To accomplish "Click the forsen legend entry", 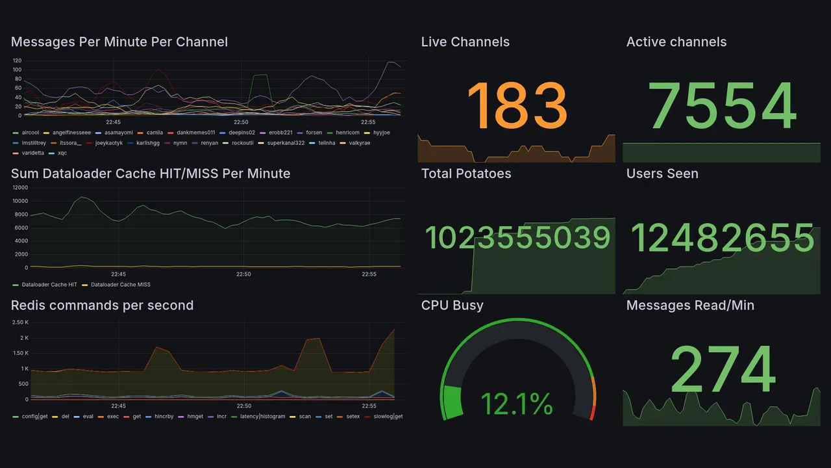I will tap(314, 133).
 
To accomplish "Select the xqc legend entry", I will tap(62, 153).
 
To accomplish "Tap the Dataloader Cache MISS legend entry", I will tap(120, 285).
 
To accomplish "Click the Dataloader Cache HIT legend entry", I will tap(49, 285).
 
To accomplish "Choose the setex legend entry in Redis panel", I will tap(353, 416).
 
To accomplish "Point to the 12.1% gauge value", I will tap(517, 405).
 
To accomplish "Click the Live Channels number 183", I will tap(517, 105).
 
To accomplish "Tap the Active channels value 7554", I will tap(722, 105).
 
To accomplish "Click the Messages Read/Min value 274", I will tap(722, 369).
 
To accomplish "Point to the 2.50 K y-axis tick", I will tap(20, 322).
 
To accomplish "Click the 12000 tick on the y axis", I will tap(19, 188).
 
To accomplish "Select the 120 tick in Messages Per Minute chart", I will tap(17, 60).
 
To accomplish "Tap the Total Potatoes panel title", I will tap(465, 174).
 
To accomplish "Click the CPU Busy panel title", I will tap(452, 305).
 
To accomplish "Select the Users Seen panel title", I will tap(662, 174).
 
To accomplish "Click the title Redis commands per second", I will tap(102, 305).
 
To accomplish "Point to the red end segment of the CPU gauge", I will tap(591, 413).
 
